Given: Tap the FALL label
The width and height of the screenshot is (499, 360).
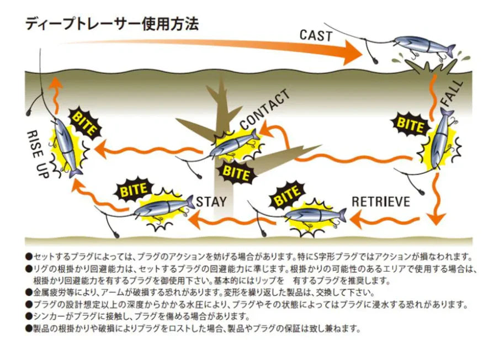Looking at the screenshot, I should point(453,94).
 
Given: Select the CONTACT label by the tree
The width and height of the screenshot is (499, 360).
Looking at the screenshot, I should point(265,110).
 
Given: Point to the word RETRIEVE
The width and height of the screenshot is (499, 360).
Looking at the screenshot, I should point(381,202).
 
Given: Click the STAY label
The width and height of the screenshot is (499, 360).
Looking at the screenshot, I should point(211,202).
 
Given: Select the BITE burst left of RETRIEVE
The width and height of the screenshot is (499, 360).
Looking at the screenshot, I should point(288,195).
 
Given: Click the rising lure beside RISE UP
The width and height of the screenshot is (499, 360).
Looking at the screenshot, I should point(67,145).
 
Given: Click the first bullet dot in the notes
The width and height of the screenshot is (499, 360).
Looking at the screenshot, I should point(29,257).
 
